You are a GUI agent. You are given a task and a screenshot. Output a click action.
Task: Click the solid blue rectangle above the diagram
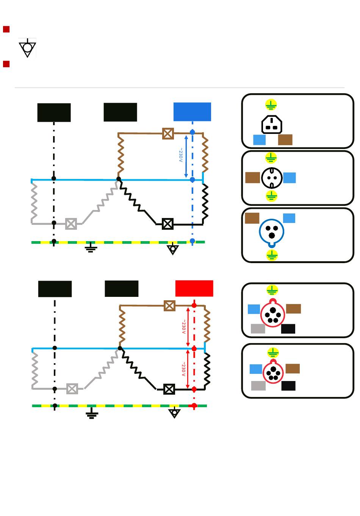[192, 112]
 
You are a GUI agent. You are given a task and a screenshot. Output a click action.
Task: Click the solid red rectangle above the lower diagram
[194, 288]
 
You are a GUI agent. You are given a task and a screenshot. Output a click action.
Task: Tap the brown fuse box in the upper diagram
[168, 133]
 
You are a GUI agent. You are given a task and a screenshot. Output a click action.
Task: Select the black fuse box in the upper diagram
[167, 224]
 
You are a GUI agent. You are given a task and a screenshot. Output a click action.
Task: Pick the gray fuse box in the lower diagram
[72, 389]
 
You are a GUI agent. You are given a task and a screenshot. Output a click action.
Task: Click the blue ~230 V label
[181, 155]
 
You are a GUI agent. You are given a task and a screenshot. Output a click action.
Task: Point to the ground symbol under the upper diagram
[91, 247]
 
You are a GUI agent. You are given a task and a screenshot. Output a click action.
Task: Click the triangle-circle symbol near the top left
[27, 48]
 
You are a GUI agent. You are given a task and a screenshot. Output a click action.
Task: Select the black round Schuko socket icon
[272, 178]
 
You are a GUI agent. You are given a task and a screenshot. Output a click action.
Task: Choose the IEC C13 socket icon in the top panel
[272, 124]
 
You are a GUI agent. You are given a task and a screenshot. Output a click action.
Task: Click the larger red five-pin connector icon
[273, 313]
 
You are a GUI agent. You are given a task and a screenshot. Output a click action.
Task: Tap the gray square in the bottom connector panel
[258, 386]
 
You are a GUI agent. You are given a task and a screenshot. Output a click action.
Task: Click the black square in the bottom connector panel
[288, 386]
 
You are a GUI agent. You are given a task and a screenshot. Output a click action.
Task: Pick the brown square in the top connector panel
[285, 140]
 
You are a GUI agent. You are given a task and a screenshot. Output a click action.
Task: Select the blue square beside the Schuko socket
[290, 177]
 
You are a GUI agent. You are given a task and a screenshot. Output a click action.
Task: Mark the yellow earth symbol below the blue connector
[272, 255]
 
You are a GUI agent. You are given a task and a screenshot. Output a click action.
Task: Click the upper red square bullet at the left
[6, 29]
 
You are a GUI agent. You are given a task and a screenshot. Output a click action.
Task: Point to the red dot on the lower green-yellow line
[194, 405]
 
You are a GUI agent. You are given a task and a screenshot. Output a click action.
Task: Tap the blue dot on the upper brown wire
[193, 132]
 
